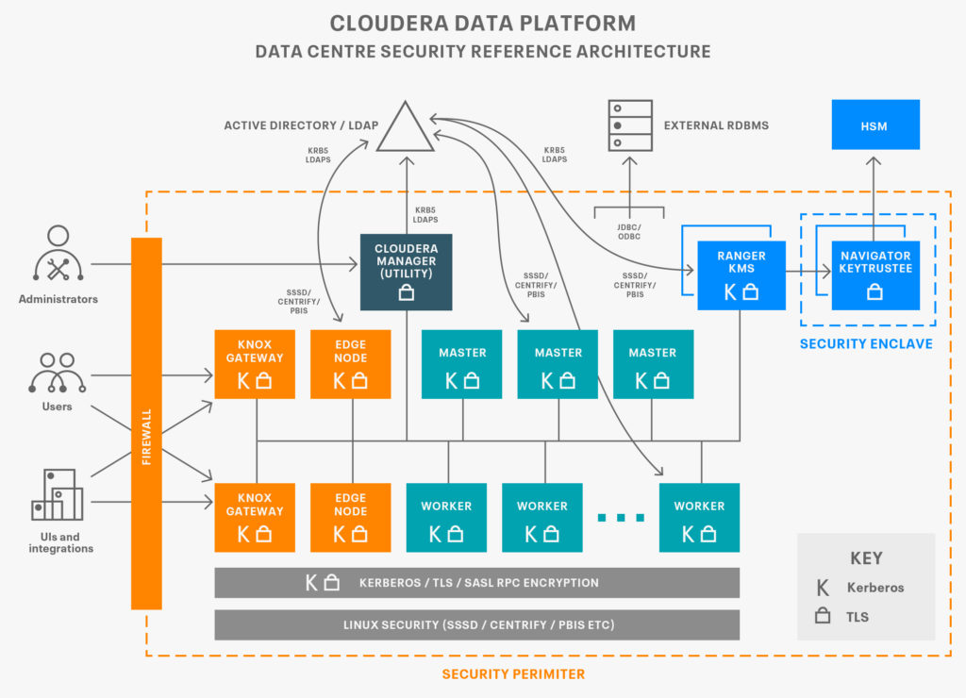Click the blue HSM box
click(875, 125)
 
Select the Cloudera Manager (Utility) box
click(406, 272)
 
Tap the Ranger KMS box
click(741, 275)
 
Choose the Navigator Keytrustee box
click(875, 275)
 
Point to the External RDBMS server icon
click(630, 125)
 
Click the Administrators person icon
click(58, 253)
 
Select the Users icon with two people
click(58, 373)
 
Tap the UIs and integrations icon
click(58, 494)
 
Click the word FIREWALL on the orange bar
click(146, 437)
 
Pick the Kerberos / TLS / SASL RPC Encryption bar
click(476, 583)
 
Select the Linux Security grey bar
click(476, 624)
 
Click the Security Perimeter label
click(513, 674)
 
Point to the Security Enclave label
click(866, 343)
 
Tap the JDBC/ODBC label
click(629, 232)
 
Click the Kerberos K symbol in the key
click(823, 588)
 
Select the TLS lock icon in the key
click(823, 615)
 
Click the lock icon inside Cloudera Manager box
click(406, 292)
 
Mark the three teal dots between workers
click(621, 518)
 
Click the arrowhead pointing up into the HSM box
click(874, 160)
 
